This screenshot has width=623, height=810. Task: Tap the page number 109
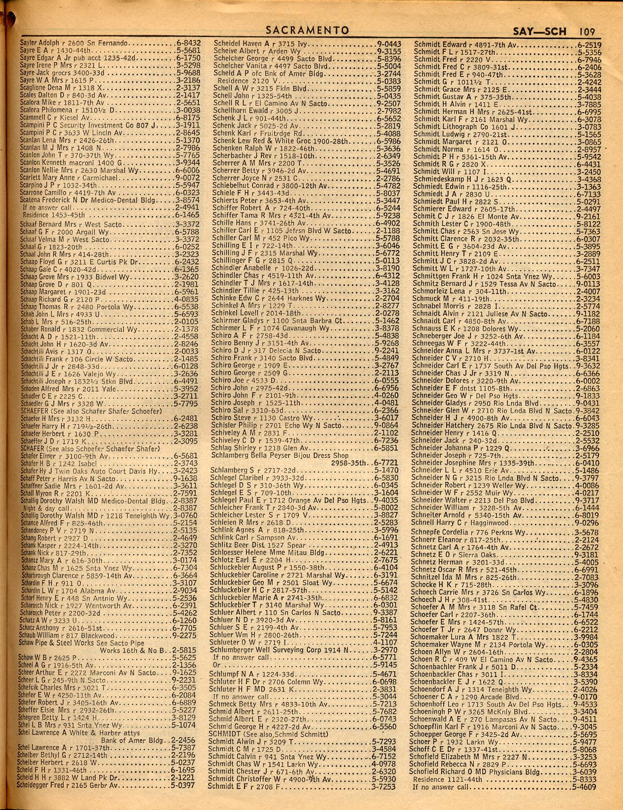coord(587,30)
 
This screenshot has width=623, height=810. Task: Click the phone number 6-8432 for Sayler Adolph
coord(188,43)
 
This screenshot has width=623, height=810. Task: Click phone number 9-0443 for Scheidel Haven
coord(388,43)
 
